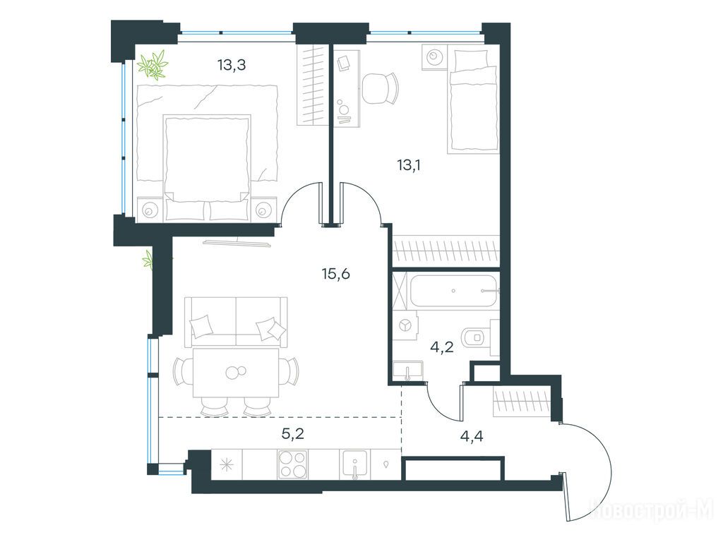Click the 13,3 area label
pyautogui.click(x=232, y=66)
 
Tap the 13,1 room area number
pyautogui.click(x=409, y=165)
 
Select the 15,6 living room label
pyautogui.click(x=336, y=275)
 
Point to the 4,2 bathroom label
pyautogui.click(x=442, y=347)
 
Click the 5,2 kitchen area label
pyautogui.click(x=293, y=433)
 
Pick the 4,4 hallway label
pyautogui.click(x=472, y=435)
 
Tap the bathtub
pyautogui.click(x=454, y=291)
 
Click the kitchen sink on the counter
pyautogui.click(x=354, y=464)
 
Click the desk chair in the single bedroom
pyautogui.click(x=379, y=88)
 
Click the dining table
pyautogui.click(x=236, y=373)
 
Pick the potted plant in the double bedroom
pyautogui.click(x=153, y=64)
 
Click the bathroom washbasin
pyautogui.click(x=407, y=371)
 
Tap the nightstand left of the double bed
pyautogui.click(x=150, y=210)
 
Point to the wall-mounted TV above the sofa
pyautogui.click(x=239, y=242)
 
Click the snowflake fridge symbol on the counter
pyautogui.click(x=227, y=464)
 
